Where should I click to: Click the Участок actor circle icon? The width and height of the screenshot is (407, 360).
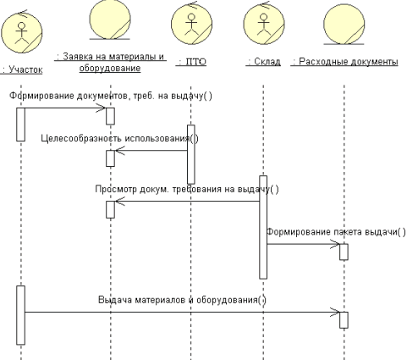(22, 33)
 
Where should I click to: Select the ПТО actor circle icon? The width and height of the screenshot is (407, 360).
(192, 24)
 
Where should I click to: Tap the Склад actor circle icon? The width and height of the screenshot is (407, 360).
(264, 24)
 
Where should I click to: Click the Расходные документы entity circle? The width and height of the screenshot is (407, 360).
(344, 25)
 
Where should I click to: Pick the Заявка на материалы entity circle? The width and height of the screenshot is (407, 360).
(110, 19)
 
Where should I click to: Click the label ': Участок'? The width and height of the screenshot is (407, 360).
(22, 69)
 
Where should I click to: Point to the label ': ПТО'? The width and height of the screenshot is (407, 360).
(191, 62)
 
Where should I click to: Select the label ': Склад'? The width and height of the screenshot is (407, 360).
(263, 61)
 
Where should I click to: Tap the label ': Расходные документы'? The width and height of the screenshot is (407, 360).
(344, 61)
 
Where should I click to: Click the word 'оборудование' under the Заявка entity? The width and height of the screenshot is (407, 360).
(110, 68)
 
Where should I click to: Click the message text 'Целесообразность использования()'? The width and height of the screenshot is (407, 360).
(119, 138)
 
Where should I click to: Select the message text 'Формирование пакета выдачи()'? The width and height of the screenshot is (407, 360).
(336, 232)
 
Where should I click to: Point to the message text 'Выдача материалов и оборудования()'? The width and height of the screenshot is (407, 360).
(182, 300)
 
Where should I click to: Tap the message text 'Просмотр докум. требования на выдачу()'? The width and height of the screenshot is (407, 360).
(187, 189)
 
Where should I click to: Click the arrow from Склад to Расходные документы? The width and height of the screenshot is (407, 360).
(304, 244)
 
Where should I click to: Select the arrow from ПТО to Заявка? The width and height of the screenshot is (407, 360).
(151, 150)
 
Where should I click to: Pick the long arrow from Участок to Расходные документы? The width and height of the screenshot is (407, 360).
(182, 312)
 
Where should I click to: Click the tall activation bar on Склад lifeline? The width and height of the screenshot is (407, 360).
(263, 227)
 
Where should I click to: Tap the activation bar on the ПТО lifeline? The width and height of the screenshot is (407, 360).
(191, 154)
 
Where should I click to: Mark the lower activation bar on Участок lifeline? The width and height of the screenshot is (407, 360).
(20, 315)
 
